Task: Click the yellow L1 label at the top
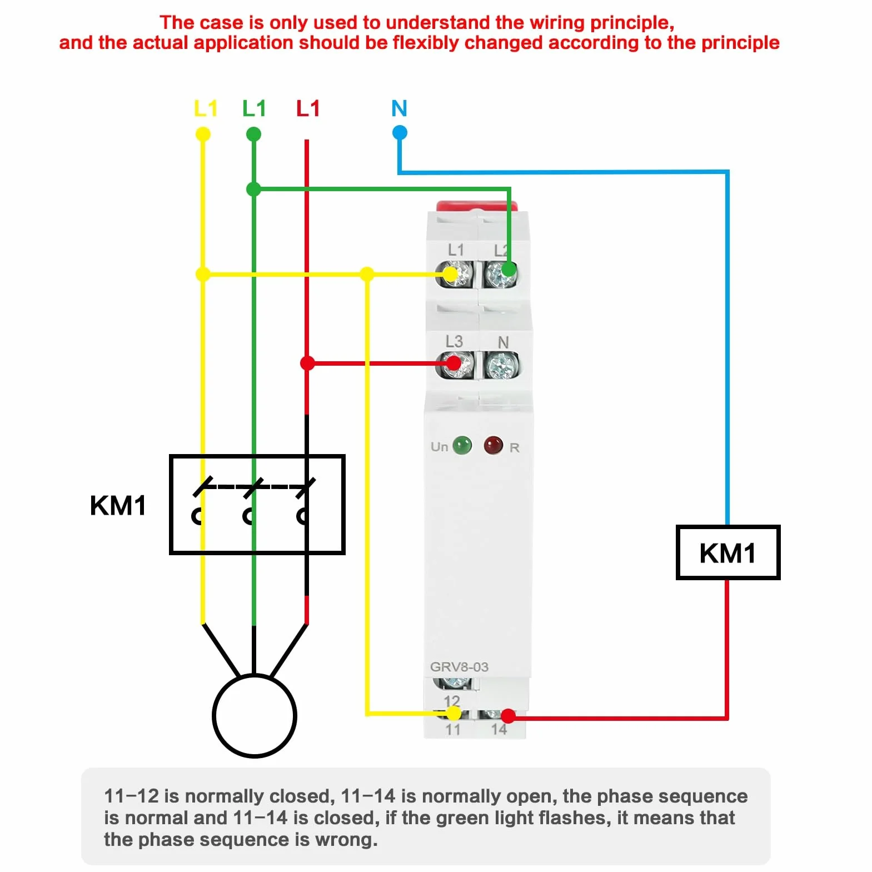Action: point(205,108)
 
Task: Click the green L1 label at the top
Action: point(254,108)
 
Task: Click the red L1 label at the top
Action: point(308,108)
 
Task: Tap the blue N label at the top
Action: point(399,108)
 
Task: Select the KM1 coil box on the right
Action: point(728,552)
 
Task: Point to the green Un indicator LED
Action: point(462,445)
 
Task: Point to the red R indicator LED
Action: point(493,445)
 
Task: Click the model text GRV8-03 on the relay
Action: point(459,667)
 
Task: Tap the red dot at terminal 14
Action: point(507,715)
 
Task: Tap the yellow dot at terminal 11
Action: point(454,713)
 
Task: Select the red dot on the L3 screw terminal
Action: point(454,363)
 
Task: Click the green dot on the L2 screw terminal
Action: point(508,270)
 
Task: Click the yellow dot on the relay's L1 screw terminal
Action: point(450,274)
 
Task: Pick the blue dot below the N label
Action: point(400,133)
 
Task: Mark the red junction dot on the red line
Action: point(307,363)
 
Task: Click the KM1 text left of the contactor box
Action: point(118,506)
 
